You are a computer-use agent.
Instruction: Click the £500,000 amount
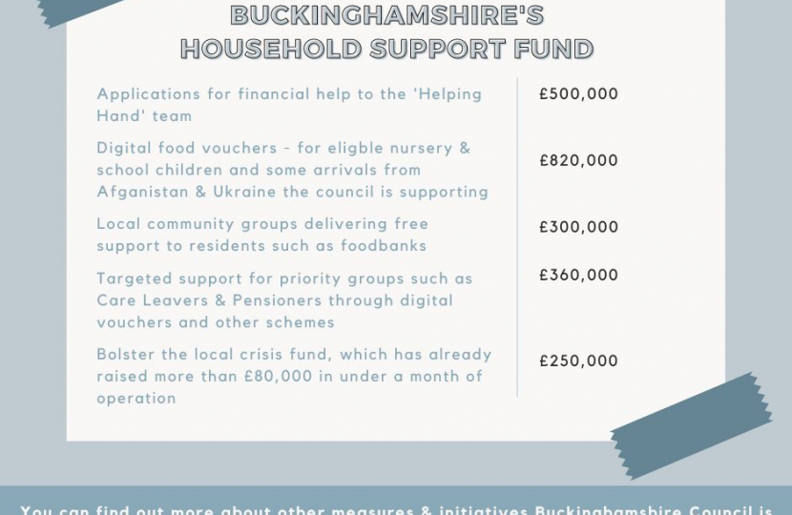pos(578,94)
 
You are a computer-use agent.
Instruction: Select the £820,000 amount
pos(578,161)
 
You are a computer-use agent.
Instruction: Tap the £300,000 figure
pos(578,228)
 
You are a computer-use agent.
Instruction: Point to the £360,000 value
pos(578,276)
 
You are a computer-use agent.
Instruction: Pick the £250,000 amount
pos(578,361)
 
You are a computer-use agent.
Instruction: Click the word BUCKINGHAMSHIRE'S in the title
pos(387,16)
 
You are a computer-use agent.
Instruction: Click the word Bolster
pos(125,355)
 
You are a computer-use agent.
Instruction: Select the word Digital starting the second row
pos(123,149)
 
